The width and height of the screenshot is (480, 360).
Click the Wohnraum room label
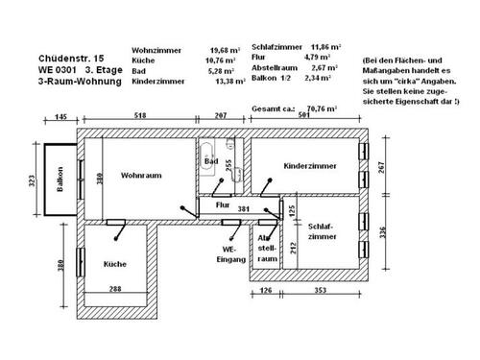pos(140,177)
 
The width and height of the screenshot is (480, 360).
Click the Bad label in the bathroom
pos(210,162)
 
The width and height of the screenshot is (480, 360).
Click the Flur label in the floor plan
pos(222,205)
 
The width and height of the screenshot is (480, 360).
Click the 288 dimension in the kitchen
pos(113,288)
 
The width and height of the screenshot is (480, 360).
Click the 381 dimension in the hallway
pos(244,208)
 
